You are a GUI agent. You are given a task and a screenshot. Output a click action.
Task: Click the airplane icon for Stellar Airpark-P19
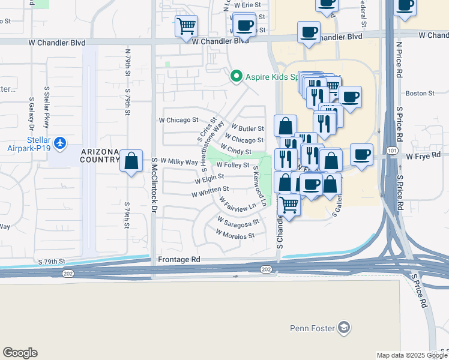pos(59,143)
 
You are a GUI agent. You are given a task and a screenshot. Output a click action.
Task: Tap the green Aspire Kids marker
pos(236,76)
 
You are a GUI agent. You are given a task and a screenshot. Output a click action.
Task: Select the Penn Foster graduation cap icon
pos(343,328)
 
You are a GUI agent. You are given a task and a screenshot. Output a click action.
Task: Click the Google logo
pos(20,353)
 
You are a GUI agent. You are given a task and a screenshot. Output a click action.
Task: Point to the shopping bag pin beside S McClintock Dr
pos(131,161)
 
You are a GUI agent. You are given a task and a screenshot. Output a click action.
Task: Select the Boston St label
pos(420,93)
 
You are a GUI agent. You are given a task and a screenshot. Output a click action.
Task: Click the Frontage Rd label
pos(178,260)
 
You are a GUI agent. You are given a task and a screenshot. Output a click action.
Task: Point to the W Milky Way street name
pos(179,162)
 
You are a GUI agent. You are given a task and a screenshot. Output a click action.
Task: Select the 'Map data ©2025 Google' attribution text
pos(411,355)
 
